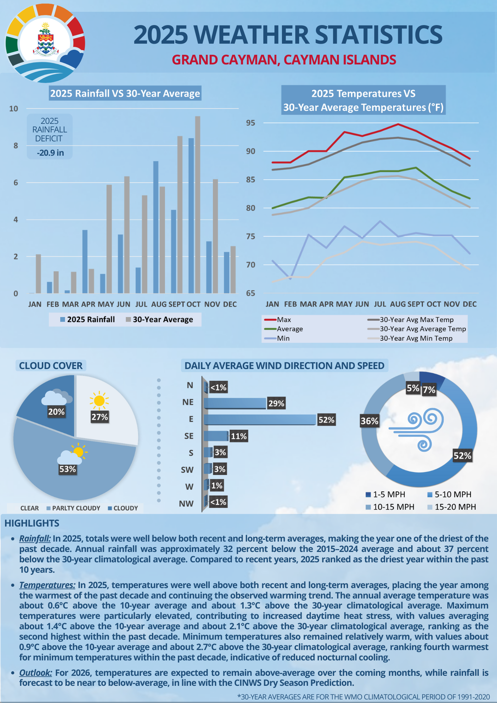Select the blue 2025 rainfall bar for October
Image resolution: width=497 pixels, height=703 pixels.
pos(191,215)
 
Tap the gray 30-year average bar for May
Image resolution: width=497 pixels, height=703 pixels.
pos(109,239)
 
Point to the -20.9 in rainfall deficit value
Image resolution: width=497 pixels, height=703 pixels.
pos(50,153)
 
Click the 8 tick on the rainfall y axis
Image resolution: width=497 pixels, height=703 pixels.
pos(16,146)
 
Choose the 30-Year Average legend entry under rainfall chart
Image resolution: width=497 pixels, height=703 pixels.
pos(159,320)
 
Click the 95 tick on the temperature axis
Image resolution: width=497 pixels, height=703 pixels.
pos(250,123)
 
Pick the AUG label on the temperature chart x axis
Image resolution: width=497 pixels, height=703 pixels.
pos(398,304)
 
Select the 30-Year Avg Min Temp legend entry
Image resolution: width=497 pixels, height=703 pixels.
pos(416,338)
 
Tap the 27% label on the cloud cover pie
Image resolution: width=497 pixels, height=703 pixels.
pos(99,417)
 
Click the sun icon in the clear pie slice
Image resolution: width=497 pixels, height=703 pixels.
pos(99,401)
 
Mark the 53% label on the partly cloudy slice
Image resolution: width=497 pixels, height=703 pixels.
pos(68,469)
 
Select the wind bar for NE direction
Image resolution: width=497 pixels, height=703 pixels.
pos(235,403)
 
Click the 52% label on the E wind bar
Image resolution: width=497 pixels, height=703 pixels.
pos(326,420)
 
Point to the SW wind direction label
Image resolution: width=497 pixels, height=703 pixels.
pos(187,470)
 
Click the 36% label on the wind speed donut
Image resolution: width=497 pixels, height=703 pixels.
pos(369,421)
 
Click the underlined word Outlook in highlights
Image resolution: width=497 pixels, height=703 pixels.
pos(35,673)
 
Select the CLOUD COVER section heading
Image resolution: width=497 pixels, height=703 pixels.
pos(50,366)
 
